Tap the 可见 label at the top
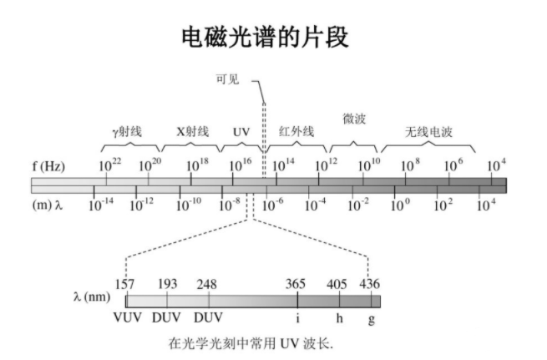[227, 80]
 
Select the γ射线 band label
[128, 132]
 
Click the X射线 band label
[193, 132]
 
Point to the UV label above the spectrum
[241, 132]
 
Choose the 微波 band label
[354, 119]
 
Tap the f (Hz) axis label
[48, 165]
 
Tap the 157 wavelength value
[124, 283]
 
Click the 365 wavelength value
[296, 283]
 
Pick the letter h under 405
[339, 318]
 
